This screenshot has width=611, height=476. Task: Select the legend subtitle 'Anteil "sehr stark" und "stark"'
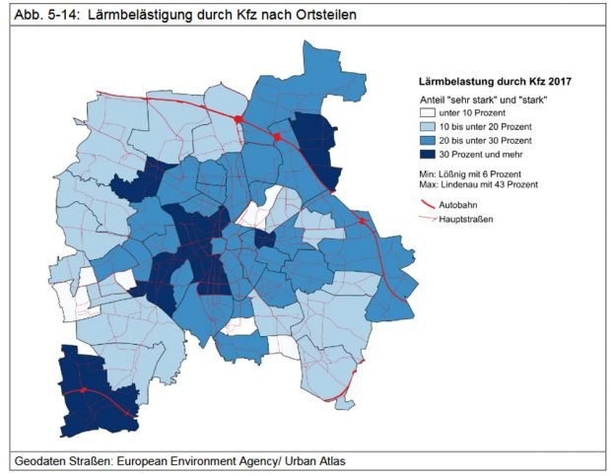[483, 101]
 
